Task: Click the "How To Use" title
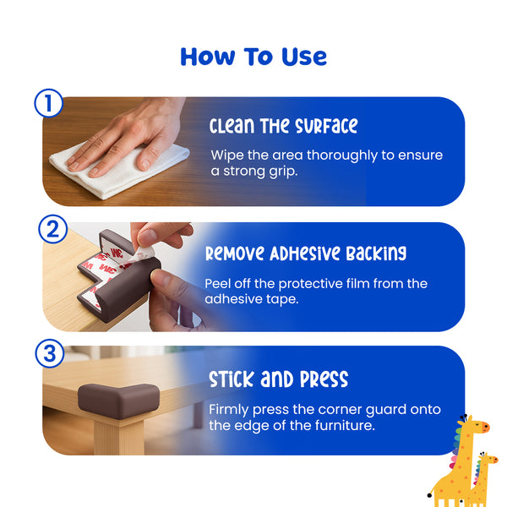[253, 57]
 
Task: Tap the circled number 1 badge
[48, 103]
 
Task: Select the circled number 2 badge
[52, 229]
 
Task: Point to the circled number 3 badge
[50, 353]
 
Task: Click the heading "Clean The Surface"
[283, 126]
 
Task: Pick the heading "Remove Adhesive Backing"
[306, 253]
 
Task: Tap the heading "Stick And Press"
[278, 379]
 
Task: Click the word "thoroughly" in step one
[341, 155]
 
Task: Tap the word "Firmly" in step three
[229, 410]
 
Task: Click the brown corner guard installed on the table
[118, 401]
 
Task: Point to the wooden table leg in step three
[119, 437]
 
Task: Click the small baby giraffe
[481, 478]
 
